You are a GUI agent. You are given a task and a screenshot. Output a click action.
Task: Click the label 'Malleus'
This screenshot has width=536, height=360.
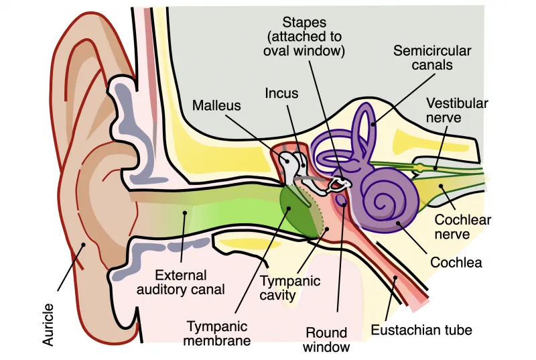point(216,105)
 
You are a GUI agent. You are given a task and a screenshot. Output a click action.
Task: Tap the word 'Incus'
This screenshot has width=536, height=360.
point(281,93)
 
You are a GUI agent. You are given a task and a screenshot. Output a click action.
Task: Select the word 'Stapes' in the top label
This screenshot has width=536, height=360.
point(304,23)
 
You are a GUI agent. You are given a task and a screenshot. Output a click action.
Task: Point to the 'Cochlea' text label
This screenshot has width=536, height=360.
point(456,263)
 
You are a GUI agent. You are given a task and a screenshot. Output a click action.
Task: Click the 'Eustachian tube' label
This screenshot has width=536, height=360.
point(421,330)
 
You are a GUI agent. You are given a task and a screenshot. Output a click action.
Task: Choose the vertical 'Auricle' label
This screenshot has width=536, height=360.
point(48,324)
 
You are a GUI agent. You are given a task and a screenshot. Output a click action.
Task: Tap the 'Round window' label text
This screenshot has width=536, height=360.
point(326,340)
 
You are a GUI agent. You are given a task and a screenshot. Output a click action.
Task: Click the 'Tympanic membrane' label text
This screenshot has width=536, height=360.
point(217,333)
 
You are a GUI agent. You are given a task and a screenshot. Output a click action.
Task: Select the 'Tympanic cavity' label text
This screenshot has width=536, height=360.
point(290,288)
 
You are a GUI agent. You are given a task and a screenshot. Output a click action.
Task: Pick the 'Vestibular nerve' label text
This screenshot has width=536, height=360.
point(457,110)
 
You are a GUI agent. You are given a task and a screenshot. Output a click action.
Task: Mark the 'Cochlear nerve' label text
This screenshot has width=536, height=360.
point(462,227)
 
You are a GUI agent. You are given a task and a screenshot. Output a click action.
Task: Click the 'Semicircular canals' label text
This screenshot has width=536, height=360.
point(432,58)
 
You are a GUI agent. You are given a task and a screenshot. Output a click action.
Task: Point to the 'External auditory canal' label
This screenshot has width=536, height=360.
point(180,282)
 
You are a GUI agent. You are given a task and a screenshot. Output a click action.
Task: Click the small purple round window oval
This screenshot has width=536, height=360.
point(341,200)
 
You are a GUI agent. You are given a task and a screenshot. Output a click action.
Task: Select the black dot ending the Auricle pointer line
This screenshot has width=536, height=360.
point(82,244)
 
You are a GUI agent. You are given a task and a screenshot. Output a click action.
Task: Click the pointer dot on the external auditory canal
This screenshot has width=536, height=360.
point(185,213)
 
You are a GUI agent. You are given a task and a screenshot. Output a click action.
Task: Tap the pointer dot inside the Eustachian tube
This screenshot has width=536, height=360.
point(395,278)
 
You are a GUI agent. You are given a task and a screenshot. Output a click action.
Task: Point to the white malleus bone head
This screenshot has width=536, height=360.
point(286,158)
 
